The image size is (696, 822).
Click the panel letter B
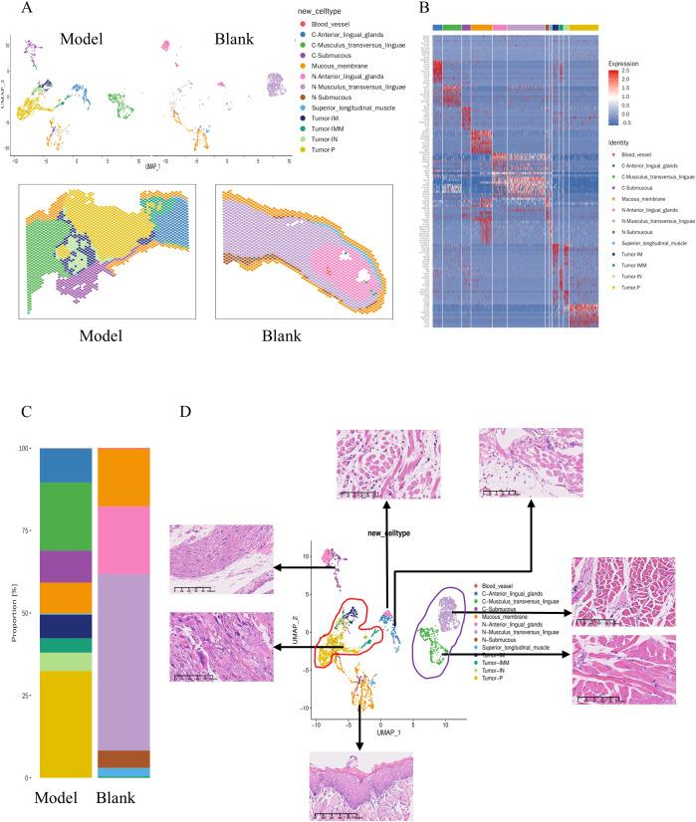[425, 8]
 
